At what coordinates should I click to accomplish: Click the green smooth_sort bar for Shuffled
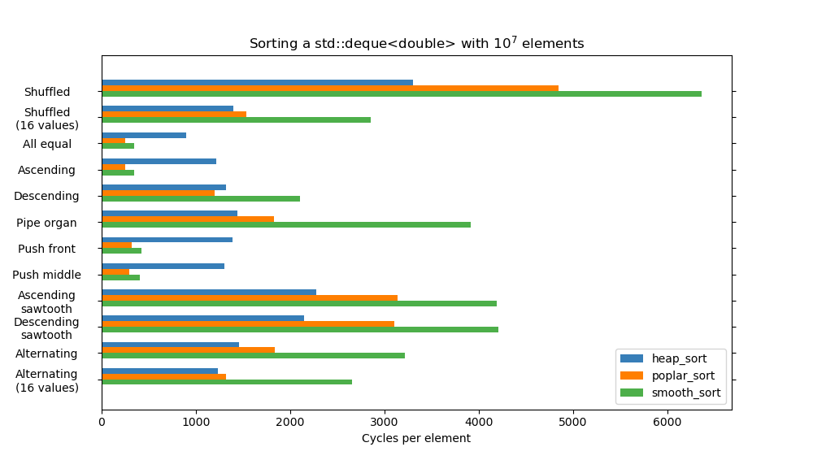pyautogui.click(x=402, y=94)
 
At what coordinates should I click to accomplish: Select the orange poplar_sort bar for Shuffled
pyautogui.click(x=330, y=89)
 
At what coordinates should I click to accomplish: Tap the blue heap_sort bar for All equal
pyautogui.click(x=144, y=135)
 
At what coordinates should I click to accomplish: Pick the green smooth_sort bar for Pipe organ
pyautogui.click(x=286, y=225)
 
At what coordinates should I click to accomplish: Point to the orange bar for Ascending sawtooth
pyautogui.click(x=250, y=297)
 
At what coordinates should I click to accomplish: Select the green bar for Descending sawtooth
pyautogui.click(x=300, y=330)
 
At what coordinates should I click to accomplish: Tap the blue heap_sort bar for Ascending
pyautogui.click(x=159, y=161)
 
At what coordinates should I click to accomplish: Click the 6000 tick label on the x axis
pyautogui.click(x=667, y=423)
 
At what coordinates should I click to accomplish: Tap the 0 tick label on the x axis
pyautogui.click(x=102, y=423)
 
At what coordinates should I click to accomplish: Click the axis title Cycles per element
pyautogui.click(x=416, y=439)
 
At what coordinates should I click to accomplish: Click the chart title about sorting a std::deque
pyautogui.click(x=416, y=44)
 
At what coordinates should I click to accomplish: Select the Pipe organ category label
pyautogui.click(x=46, y=223)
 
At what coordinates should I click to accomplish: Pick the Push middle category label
pyautogui.click(x=46, y=275)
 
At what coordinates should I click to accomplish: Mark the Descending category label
pyautogui.click(x=46, y=196)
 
